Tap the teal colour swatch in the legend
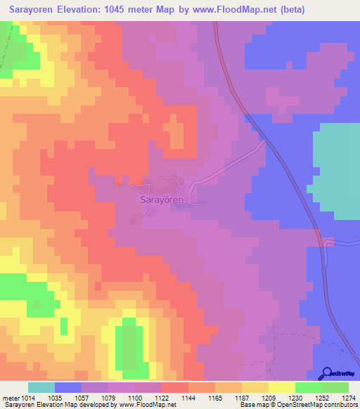[x=41, y=387]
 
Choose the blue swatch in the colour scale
[x=68, y=387]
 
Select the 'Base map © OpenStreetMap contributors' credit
[x=298, y=405]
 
